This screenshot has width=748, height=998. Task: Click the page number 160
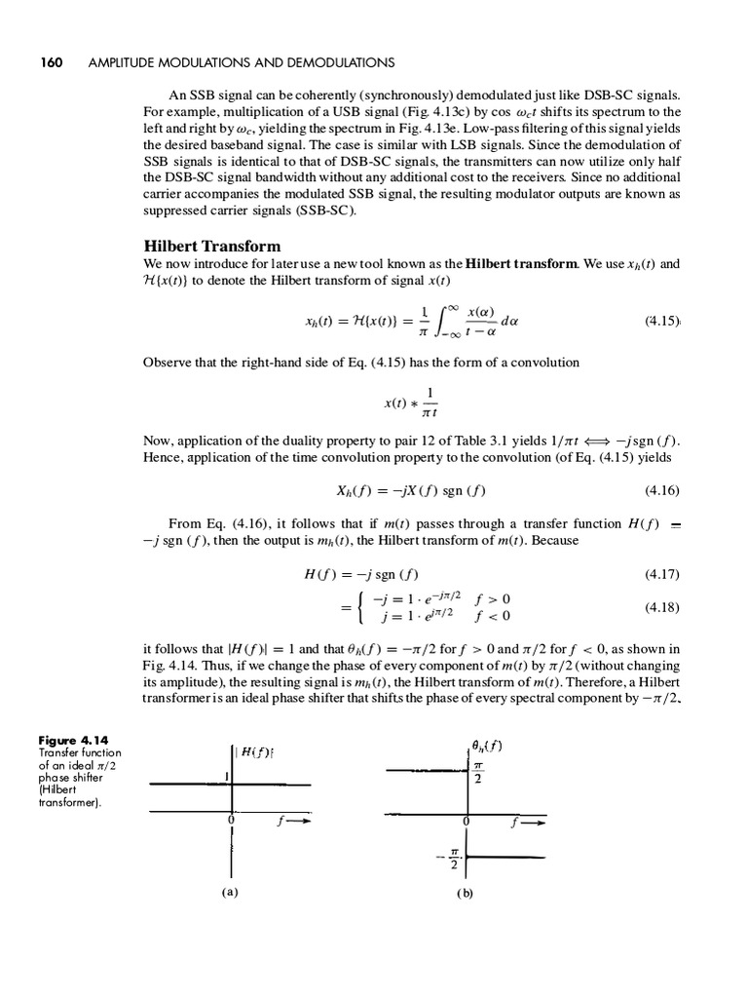click(x=51, y=62)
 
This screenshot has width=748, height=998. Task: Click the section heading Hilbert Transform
click(x=211, y=247)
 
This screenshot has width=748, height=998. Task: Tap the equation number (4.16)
click(x=661, y=490)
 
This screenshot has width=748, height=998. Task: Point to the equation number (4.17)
click(x=661, y=573)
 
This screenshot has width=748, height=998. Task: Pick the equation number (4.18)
click(x=661, y=607)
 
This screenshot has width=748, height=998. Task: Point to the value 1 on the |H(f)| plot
click(x=225, y=776)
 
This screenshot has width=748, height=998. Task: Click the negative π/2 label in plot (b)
click(x=451, y=860)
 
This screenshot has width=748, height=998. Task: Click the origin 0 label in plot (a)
click(x=230, y=822)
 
